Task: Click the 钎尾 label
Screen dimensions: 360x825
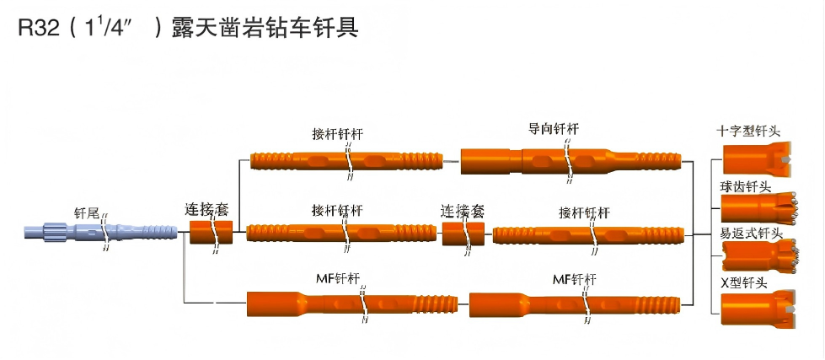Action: tap(87, 214)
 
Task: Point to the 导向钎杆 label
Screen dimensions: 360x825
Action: tap(553, 129)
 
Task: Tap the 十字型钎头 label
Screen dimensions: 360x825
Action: tap(748, 132)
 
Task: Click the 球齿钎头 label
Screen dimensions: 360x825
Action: tap(745, 186)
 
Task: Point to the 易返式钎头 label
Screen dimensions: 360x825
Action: tap(749, 233)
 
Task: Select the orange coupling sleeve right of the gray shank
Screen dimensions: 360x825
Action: tap(210, 232)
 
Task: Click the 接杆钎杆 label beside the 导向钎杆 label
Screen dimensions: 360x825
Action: tap(337, 134)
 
